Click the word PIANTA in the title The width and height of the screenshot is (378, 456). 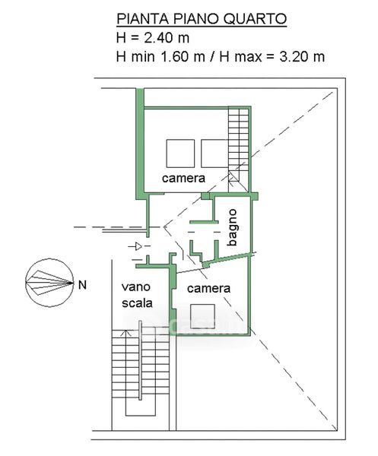click(x=142, y=19)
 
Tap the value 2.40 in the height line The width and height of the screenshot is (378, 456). click(x=159, y=38)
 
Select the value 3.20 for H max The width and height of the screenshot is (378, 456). click(x=294, y=56)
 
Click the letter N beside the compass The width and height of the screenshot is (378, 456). click(x=83, y=285)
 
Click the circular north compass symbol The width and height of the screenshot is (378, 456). click(x=49, y=283)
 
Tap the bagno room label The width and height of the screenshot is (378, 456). click(x=232, y=227)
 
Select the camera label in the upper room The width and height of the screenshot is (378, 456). click(x=183, y=178)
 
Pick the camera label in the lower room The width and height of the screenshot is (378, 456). click(x=208, y=288)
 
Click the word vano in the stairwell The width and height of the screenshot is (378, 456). click(x=136, y=287)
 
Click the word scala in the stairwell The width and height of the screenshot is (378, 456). click(x=137, y=302)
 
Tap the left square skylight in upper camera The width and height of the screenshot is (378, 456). click(x=180, y=154)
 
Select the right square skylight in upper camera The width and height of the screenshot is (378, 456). click(x=214, y=154)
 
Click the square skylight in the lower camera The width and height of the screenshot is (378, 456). click(x=202, y=316)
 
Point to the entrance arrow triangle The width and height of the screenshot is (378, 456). click(x=138, y=246)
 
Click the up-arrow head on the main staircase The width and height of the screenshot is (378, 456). click(x=125, y=332)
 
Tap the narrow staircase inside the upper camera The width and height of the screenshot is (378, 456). click(x=238, y=150)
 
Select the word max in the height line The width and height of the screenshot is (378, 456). click(x=248, y=57)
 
